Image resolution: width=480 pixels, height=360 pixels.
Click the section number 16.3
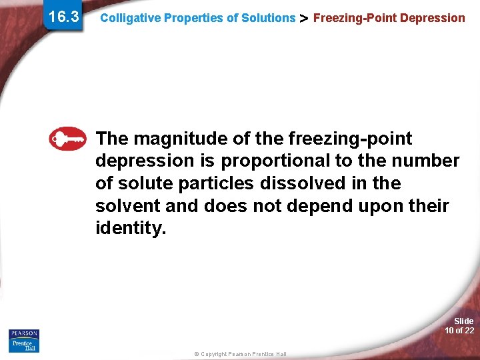tap(63, 16)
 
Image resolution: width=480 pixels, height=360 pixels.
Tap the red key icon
tap(68, 139)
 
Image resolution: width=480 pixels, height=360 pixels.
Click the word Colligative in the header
tap(130, 18)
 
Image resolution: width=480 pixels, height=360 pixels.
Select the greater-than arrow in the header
tap(304, 18)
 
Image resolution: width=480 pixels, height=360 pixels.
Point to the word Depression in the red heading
tap(434, 18)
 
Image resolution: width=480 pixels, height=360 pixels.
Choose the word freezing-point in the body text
tap(351, 139)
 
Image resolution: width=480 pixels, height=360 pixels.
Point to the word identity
tap(130, 229)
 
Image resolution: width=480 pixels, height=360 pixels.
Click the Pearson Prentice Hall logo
tap(24, 340)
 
